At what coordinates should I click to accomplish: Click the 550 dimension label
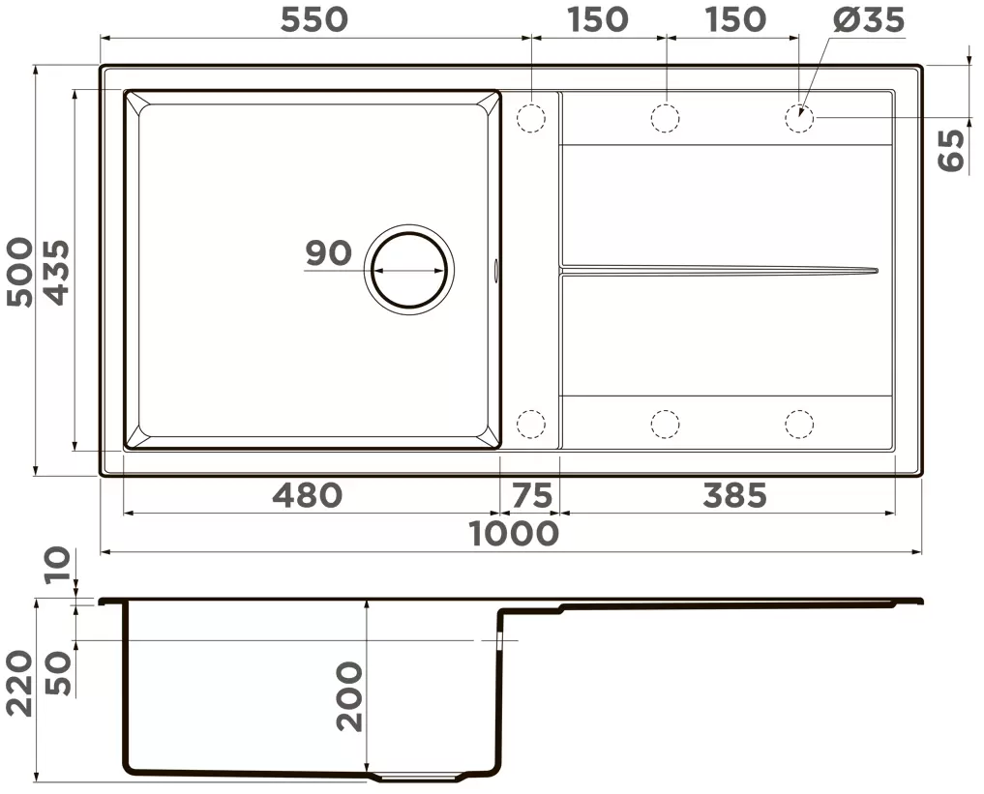313,19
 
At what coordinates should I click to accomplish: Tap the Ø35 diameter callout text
869,19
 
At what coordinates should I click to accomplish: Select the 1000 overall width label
514,534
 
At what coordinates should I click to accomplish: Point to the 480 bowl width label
308,494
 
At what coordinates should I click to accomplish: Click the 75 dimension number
532,494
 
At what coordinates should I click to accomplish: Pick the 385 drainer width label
735,494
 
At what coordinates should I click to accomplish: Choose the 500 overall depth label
19,272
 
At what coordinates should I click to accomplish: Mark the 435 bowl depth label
58,272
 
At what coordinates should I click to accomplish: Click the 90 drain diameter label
328,252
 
